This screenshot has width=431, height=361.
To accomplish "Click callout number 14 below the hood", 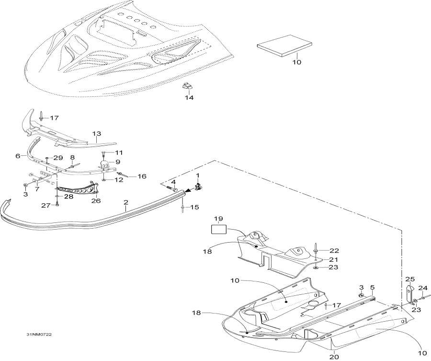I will tap(189, 98).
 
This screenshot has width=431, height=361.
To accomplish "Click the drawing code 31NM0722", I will tap(39, 334).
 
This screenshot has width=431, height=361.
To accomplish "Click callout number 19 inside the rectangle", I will tap(218, 219).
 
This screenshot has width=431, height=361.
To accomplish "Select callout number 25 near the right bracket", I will tap(409, 279).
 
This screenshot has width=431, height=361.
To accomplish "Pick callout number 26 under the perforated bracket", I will tap(96, 200).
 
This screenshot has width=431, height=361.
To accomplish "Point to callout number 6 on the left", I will tap(18, 156).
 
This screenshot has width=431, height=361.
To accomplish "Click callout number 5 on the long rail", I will tap(372, 288).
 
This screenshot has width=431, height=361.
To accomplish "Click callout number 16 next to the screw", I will tap(141, 176).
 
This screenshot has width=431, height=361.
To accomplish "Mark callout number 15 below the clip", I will tap(195, 207).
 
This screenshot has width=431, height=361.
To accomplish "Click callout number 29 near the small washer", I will tap(58, 158).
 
